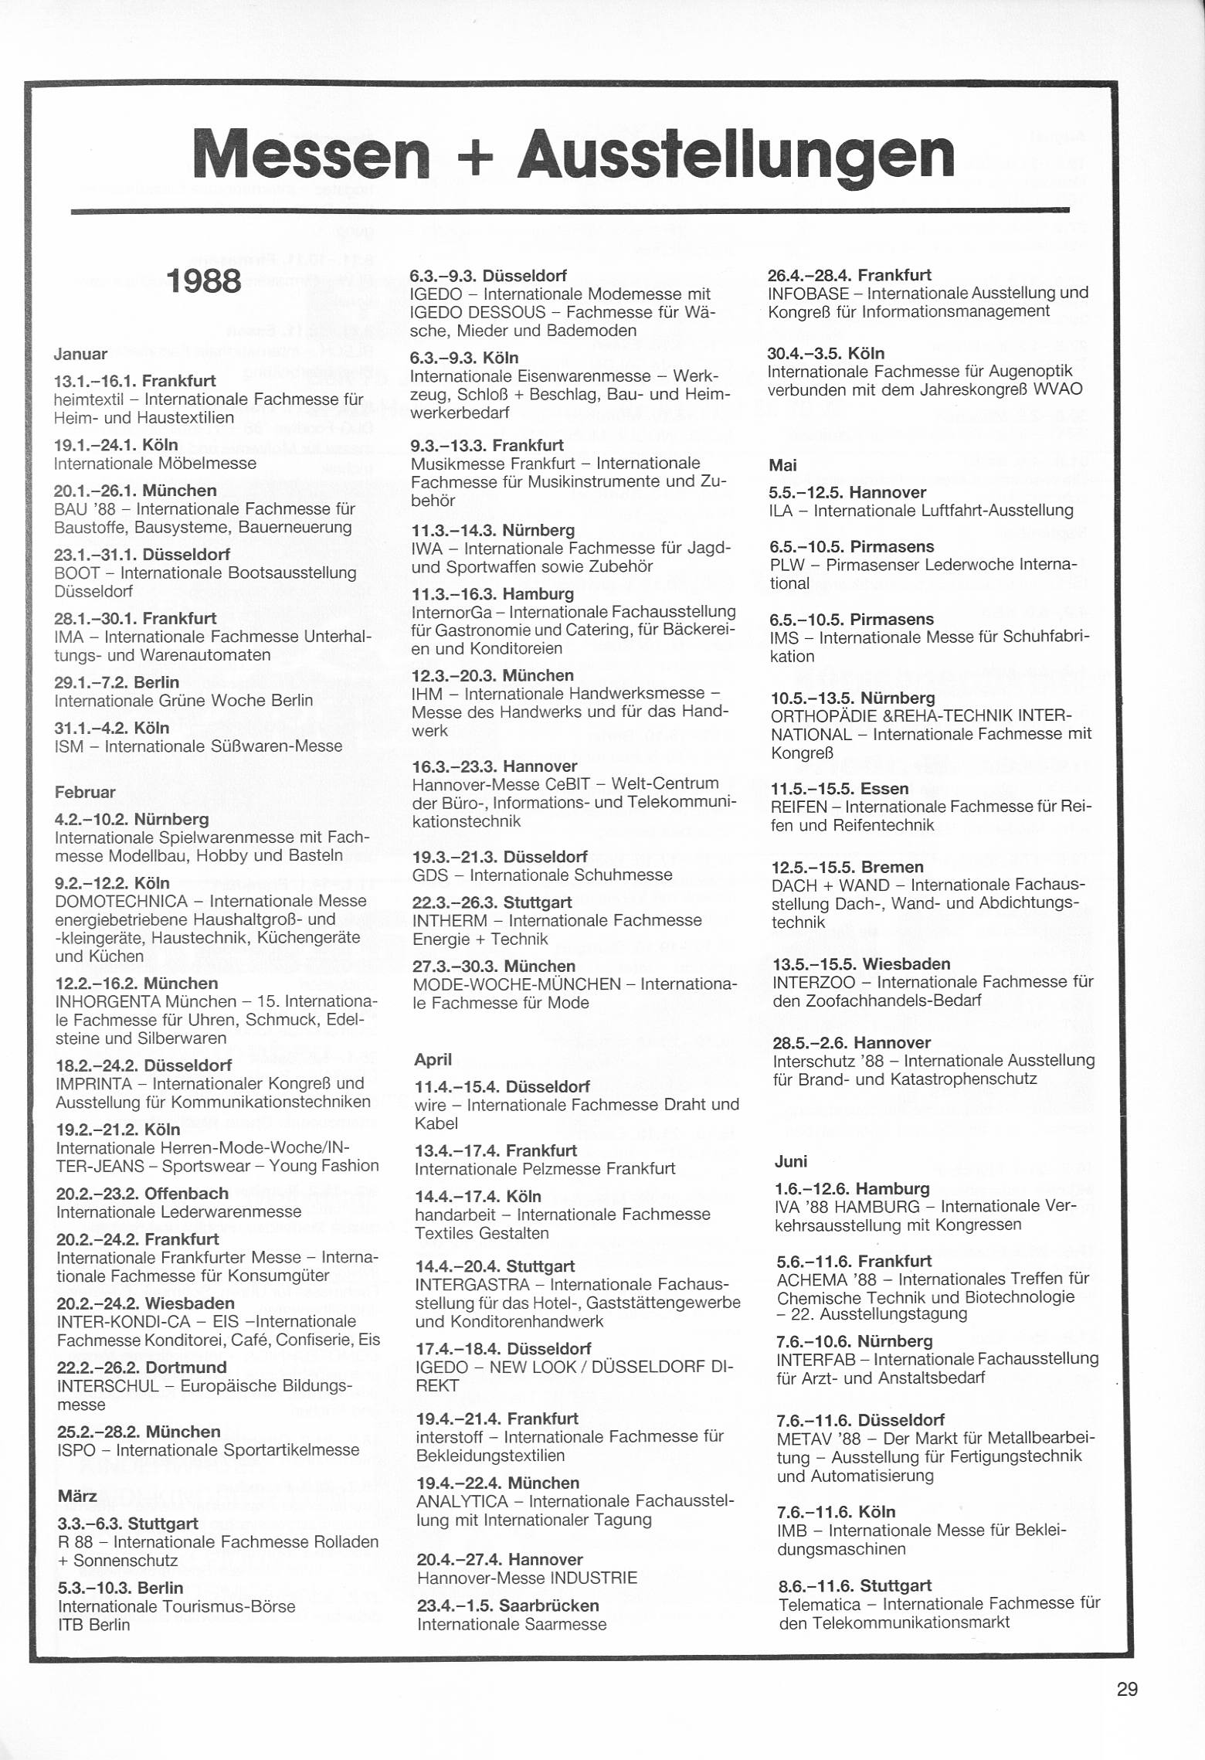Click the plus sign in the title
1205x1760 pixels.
pyautogui.click(x=474, y=157)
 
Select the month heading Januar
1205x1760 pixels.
pyautogui.click(x=80, y=355)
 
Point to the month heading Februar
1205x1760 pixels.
pyautogui.click(x=85, y=792)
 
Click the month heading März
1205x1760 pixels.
pyautogui.click(x=77, y=1497)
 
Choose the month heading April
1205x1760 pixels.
pyautogui.click(x=433, y=1059)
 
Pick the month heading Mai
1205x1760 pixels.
pyautogui.click(x=782, y=465)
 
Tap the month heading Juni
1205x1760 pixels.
pyautogui.click(x=790, y=1161)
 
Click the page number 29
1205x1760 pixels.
pyautogui.click(x=1127, y=1689)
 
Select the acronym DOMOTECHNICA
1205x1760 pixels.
pyautogui.click(x=121, y=901)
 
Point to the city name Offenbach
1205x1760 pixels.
pyautogui.click(x=186, y=1193)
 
